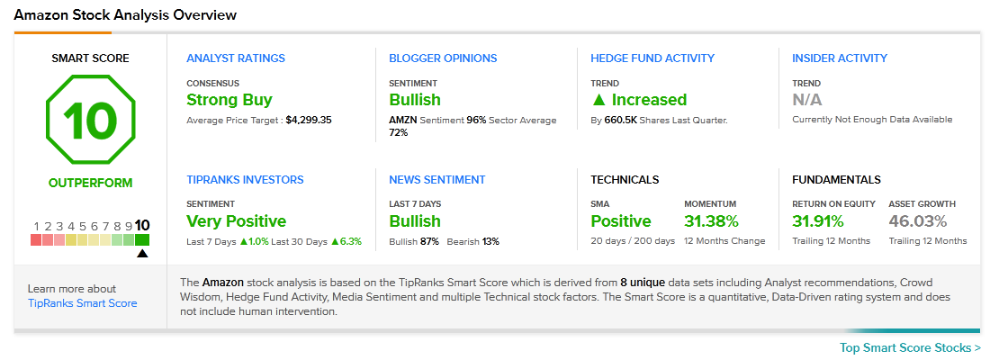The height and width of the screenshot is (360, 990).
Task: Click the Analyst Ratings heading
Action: [x=236, y=58]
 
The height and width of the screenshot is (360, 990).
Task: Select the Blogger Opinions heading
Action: [x=443, y=58]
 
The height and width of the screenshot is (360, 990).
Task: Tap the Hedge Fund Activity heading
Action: [x=652, y=58]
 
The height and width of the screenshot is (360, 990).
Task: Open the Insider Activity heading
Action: [x=839, y=58]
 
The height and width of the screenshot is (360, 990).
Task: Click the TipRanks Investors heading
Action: [x=245, y=179]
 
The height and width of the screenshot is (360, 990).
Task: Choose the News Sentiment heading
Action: [x=436, y=179]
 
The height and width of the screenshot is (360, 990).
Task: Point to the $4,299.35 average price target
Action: [x=308, y=120]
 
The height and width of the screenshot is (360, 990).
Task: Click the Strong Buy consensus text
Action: [x=229, y=100]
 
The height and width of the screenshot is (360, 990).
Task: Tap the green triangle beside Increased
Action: [x=599, y=100]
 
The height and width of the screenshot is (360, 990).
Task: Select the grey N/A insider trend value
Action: [x=807, y=100]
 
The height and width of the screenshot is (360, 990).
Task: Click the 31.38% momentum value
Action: [x=711, y=221]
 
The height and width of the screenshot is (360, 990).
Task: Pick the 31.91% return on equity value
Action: [x=817, y=221]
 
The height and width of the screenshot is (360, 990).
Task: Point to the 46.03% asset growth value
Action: [x=917, y=221]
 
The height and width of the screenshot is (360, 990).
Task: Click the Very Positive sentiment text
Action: [x=236, y=221]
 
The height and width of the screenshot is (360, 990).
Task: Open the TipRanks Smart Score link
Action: [x=82, y=303]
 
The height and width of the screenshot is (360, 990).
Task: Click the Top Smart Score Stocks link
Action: [x=910, y=348]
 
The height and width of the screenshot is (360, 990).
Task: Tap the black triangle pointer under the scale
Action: [x=142, y=253]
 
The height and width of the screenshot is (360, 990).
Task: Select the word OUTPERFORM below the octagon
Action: [x=90, y=184]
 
